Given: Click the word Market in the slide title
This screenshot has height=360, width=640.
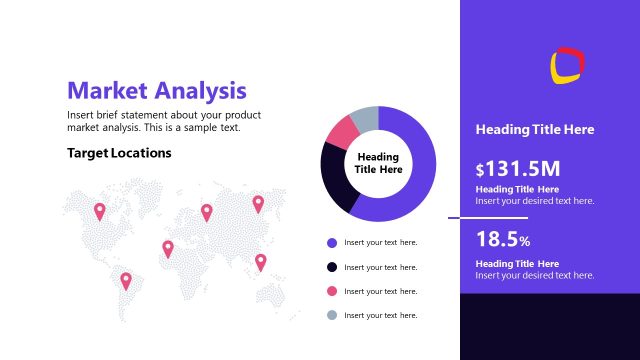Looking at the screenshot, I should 108,91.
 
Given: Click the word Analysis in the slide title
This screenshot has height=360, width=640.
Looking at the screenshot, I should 200,91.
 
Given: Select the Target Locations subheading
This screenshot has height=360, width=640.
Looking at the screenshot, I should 119,153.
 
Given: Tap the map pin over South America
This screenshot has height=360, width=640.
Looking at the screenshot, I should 126,280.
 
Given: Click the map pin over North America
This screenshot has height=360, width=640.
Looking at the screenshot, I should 99,210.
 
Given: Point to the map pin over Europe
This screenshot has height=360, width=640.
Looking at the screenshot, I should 207,211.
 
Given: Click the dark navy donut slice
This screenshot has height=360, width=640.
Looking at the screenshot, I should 337,177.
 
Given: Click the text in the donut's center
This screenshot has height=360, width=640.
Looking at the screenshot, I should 378,163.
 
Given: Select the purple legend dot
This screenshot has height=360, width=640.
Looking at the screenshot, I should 332,242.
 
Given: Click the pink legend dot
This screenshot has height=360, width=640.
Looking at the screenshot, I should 332,291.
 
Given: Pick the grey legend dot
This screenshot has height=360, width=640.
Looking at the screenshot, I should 332,315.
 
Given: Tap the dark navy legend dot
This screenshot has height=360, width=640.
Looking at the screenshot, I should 332,267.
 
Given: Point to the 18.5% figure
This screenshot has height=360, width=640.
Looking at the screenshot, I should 503,240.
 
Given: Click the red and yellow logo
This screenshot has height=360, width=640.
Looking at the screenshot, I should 567,65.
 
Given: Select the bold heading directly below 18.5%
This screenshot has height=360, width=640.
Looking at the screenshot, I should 517,263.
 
